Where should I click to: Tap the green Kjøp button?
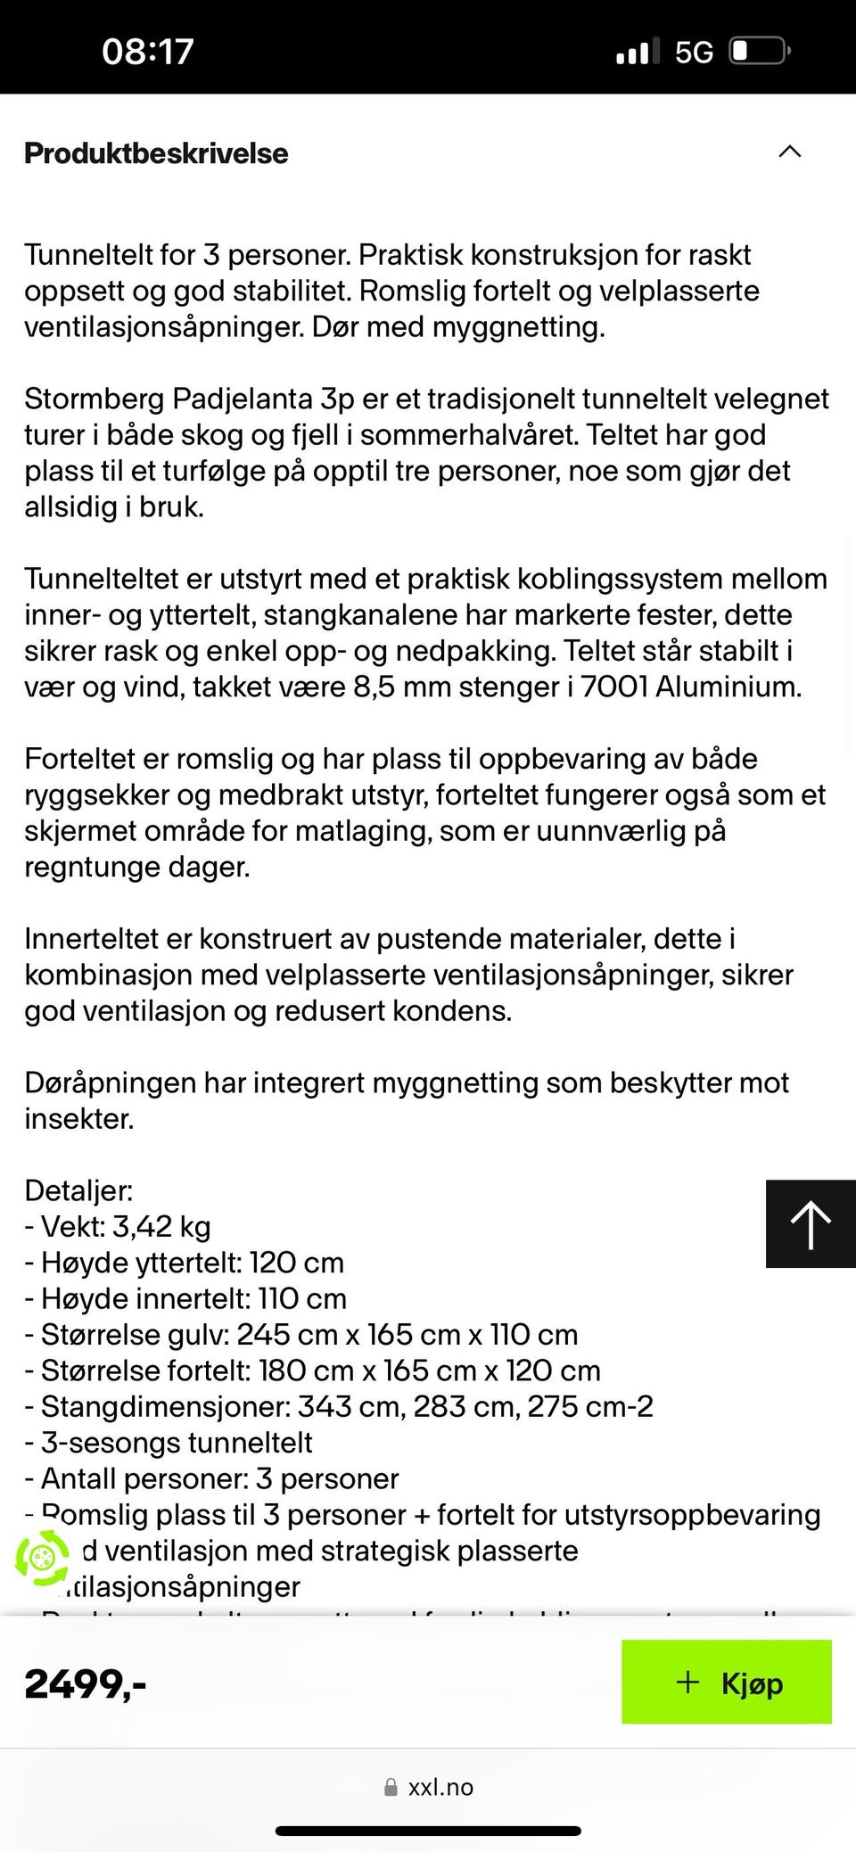(x=726, y=1682)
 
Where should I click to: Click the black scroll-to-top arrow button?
(x=810, y=1223)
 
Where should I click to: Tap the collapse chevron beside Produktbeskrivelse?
(x=790, y=152)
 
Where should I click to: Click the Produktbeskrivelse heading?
(x=156, y=153)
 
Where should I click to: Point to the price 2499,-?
(x=86, y=1683)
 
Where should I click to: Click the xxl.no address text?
(x=440, y=1787)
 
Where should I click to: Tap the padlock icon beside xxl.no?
(x=391, y=1788)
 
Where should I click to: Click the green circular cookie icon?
(x=41, y=1558)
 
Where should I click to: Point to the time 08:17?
(x=147, y=51)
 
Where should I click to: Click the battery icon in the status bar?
(x=759, y=51)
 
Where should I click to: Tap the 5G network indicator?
(x=694, y=53)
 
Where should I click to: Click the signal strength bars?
(x=638, y=52)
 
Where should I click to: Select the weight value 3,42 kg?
(x=161, y=1227)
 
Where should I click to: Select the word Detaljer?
(x=78, y=1190)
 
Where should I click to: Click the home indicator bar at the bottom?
(x=428, y=1831)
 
